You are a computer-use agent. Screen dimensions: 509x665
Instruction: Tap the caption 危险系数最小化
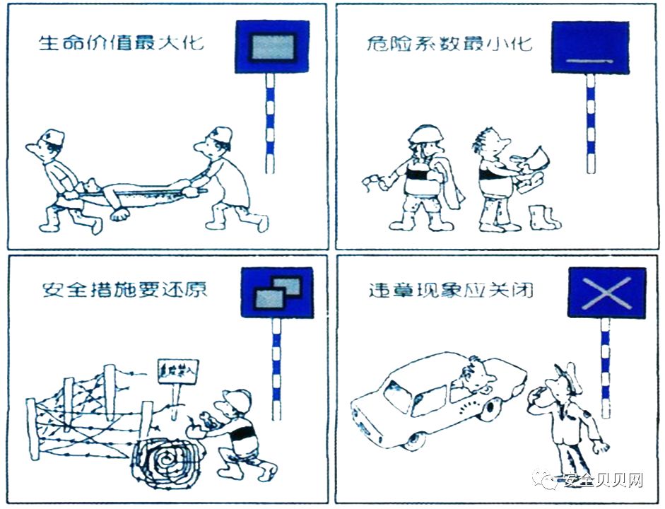pos(449,44)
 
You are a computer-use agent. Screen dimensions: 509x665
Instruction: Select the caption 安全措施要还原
pos(124,289)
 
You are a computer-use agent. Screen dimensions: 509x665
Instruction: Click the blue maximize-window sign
pos(271,47)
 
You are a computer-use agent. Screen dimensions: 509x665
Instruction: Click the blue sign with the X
pos(606,292)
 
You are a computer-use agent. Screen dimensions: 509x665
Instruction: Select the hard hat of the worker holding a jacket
pos(423,134)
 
